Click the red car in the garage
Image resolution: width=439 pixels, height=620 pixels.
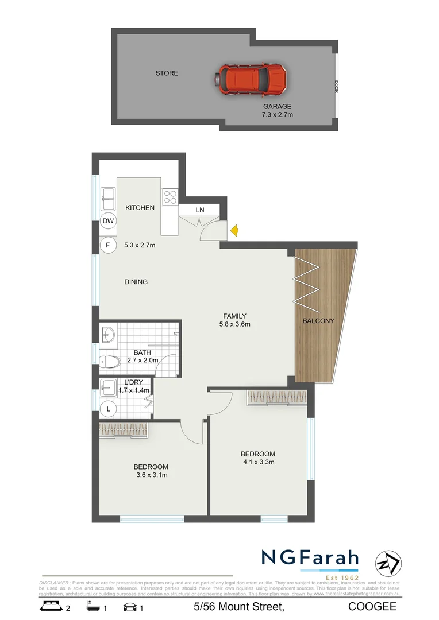[252, 80]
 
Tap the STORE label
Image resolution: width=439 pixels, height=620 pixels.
[167, 73]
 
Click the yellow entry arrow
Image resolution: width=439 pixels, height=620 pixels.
[234, 231]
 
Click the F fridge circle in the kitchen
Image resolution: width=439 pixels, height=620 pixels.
[107, 245]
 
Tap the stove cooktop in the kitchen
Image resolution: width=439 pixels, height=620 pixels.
[171, 197]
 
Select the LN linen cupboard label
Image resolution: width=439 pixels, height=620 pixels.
[199, 210]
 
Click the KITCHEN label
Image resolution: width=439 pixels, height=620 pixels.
[140, 207]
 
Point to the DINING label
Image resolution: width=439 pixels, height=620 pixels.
[136, 282]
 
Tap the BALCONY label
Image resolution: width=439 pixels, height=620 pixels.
[318, 321]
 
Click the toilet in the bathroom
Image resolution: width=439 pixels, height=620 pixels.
[109, 362]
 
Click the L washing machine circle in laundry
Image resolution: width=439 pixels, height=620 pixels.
[107, 409]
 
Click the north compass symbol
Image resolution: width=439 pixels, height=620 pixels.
[388, 561]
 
